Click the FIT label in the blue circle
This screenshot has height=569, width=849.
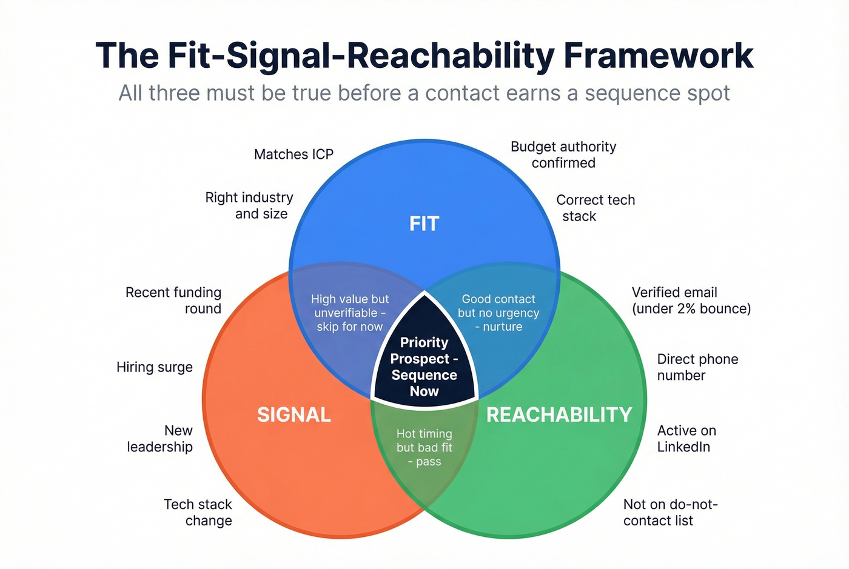[424, 224]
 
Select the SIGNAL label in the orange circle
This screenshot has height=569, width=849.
[294, 414]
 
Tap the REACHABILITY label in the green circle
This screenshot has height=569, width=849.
[559, 414]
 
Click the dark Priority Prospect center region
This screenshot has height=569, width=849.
[424, 367]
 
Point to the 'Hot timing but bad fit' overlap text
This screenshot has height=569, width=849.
[424, 447]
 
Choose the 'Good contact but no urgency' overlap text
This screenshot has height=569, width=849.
[498, 313]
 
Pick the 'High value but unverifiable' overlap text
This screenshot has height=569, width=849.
[350, 313]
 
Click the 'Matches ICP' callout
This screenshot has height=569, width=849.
[294, 155]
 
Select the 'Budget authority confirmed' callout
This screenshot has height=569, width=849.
[563, 155]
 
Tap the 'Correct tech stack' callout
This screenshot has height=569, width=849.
[594, 208]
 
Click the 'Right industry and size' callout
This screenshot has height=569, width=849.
[249, 205]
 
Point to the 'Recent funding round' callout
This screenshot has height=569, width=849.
[173, 300]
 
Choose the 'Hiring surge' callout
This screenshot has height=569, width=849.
[155, 367]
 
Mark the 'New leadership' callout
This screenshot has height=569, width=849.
[161, 439]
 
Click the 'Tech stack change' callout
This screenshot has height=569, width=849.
[198, 513]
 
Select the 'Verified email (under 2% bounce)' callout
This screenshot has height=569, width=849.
[691, 300]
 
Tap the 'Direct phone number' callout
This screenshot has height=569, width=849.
[697, 367]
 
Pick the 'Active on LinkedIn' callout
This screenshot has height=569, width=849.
[686, 439]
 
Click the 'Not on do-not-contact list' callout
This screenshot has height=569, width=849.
[669, 513]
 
